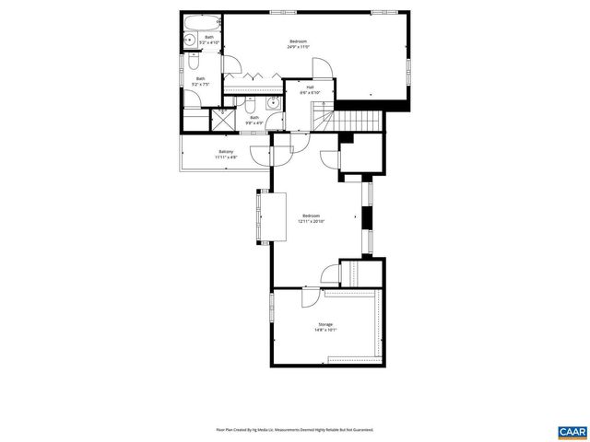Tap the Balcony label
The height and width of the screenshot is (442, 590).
tap(226, 151)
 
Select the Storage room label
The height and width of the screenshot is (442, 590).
tap(325, 324)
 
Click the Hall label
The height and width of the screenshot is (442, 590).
tap(298, 87)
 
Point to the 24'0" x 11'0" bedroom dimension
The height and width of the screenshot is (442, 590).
tap(298, 47)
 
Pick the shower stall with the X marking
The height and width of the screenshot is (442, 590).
tap(222, 119)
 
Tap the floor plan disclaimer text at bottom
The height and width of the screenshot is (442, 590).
tap(295, 429)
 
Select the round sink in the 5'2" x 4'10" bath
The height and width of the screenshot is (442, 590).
tap(188, 40)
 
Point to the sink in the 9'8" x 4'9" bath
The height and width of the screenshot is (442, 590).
tap(274, 102)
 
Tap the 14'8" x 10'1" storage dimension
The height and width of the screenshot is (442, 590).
tap(325, 331)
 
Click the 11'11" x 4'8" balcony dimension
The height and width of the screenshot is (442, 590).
tap(226, 157)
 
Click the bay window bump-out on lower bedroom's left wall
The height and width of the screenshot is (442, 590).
tap(257, 217)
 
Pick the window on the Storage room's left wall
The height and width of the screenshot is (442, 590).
tap(270, 309)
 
